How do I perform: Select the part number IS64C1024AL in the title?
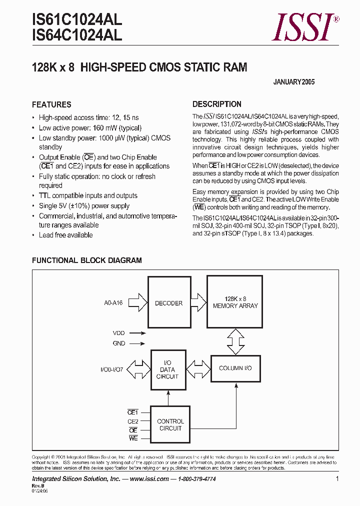(x=76, y=35)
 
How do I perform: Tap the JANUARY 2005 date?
(x=294, y=82)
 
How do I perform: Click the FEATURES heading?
(x=51, y=104)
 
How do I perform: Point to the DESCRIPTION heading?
(x=217, y=104)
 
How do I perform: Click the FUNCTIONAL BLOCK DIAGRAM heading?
(x=86, y=260)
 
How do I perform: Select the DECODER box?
(x=168, y=303)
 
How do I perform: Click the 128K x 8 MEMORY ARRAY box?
(x=235, y=302)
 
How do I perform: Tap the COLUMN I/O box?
(x=235, y=368)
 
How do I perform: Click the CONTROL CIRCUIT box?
(x=170, y=424)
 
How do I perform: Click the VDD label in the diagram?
(x=119, y=332)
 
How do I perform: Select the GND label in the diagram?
(x=119, y=343)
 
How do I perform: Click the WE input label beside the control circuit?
(x=133, y=438)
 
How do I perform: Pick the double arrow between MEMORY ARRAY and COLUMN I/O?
(x=235, y=341)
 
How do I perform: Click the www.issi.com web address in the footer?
(x=149, y=478)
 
